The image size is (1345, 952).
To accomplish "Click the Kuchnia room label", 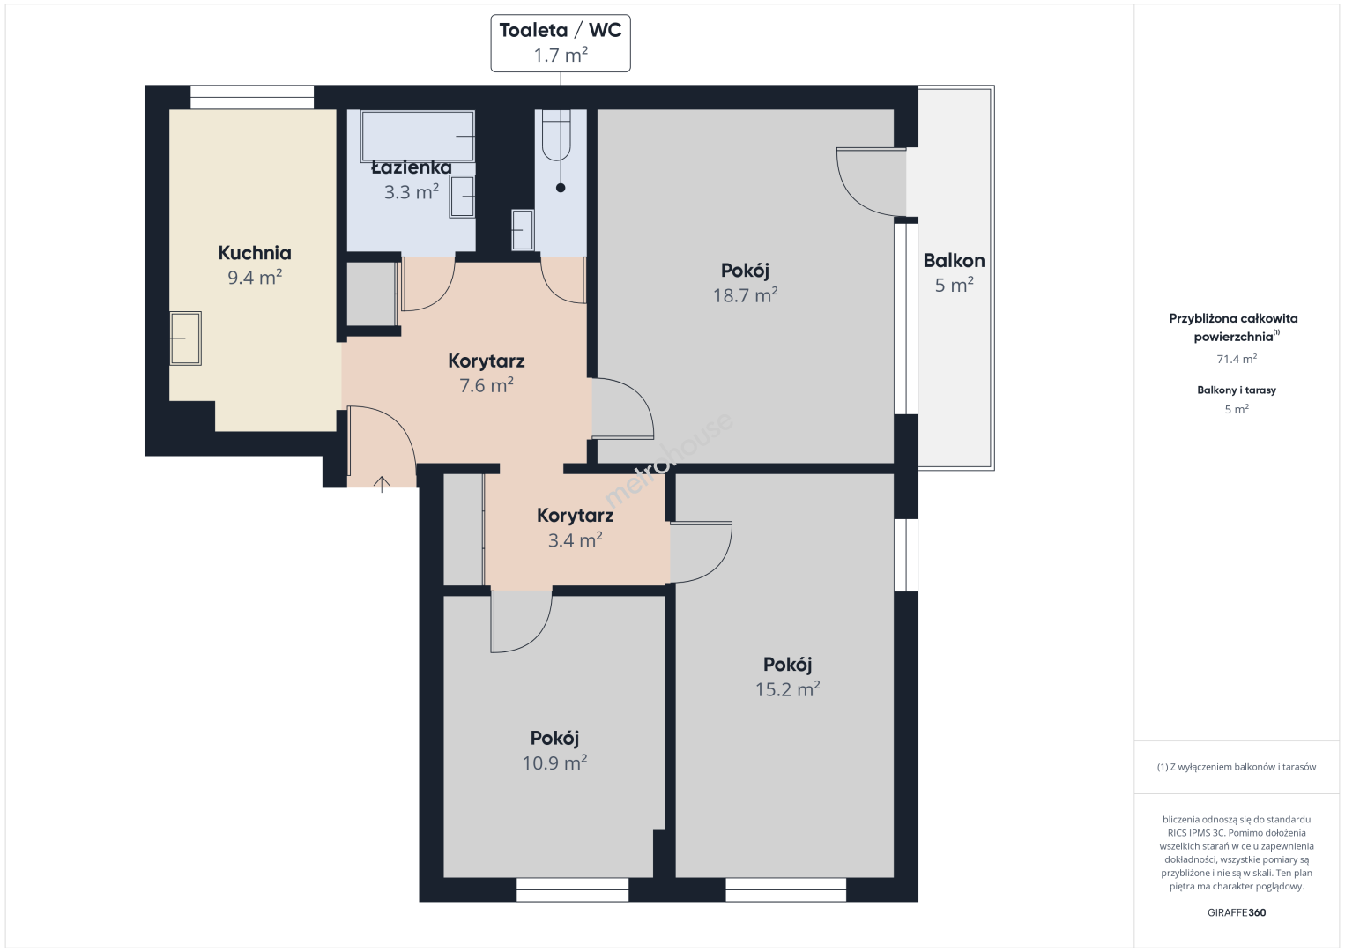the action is coord(255,253).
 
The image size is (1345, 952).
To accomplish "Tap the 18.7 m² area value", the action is coord(745,295).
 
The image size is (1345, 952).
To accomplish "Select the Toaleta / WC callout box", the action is coord(561,43).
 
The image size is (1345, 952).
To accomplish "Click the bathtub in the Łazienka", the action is coord(417,137).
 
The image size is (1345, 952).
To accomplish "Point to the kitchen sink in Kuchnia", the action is coord(186,338).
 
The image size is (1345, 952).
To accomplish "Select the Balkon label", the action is coord(955,261).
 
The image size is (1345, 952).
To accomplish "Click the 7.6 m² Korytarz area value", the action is coord(487,385).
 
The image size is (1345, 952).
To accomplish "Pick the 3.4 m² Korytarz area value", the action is coord(576,540).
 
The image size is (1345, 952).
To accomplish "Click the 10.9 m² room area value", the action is coord(554,762).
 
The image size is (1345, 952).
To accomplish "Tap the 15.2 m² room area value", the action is coord(788,689).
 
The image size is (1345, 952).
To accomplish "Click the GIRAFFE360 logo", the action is coord(1237,912).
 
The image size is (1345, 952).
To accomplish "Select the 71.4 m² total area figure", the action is coord(1237,359).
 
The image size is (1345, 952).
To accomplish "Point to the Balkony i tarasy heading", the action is coord(1237,390).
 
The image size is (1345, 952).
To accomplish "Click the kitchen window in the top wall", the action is coord(252,97).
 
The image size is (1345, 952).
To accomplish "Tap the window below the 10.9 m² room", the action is coord(573,889).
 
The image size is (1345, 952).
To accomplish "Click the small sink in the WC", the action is coord(523,229).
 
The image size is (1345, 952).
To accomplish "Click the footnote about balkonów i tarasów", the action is coord(1237,767).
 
